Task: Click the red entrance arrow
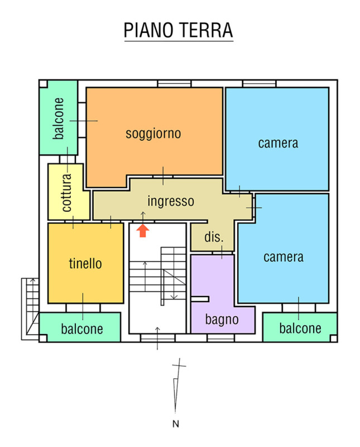[x=143, y=231]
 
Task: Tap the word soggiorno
[x=153, y=134]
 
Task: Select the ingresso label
[x=171, y=201]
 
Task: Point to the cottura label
[x=66, y=192]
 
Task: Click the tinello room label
[x=85, y=263]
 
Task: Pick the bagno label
[x=222, y=319]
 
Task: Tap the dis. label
[x=214, y=237]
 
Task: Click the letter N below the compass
[x=176, y=424]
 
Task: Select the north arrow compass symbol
[x=177, y=386]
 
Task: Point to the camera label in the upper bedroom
[x=278, y=143]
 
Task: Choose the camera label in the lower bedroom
[x=284, y=257]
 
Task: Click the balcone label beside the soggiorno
[x=58, y=118]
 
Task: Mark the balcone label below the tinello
[x=82, y=329]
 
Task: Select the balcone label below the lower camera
[x=300, y=328]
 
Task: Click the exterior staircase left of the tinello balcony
[x=30, y=309]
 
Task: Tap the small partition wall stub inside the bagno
[x=200, y=299]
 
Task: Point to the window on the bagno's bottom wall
[x=220, y=337]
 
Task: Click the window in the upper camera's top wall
[x=259, y=83]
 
